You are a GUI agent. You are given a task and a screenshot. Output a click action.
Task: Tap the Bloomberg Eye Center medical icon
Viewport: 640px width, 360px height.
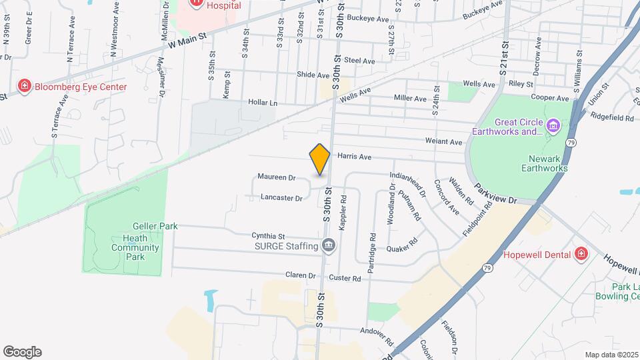pyautogui.click(x=25, y=87)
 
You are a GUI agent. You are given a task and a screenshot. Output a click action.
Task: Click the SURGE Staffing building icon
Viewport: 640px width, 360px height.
pyautogui.click(x=328, y=246)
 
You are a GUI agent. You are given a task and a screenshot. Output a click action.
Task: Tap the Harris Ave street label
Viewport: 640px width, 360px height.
pyautogui.click(x=354, y=157)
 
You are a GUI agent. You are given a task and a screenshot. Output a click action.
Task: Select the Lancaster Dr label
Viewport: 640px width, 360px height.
pyautogui.click(x=281, y=198)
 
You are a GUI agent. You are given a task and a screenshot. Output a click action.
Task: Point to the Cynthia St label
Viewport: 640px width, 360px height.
pyautogui.click(x=268, y=236)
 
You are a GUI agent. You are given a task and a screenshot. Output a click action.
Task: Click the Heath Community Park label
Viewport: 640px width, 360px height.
pyautogui.click(x=135, y=248)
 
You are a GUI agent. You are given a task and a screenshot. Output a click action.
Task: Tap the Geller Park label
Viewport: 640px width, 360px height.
pyautogui.click(x=155, y=226)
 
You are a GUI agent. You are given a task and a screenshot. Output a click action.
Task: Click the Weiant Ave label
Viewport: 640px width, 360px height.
pyautogui.click(x=446, y=142)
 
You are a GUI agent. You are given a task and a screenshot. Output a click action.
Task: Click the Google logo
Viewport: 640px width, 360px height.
pyautogui.click(x=22, y=351)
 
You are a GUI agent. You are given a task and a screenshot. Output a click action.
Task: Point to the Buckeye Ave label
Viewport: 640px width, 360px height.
pyautogui.click(x=368, y=19)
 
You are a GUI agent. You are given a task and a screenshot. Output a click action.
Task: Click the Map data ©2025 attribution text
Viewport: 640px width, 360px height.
pyautogui.click(x=611, y=354)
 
